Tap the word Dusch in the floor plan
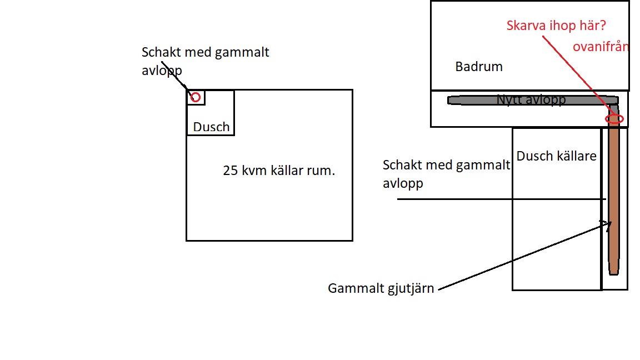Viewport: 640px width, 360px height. (212, 127)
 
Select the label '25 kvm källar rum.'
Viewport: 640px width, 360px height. (279, 170)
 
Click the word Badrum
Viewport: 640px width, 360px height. (479, 67)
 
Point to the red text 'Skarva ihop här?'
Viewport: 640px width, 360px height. (556, 26)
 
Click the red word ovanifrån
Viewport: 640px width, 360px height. (601, 47)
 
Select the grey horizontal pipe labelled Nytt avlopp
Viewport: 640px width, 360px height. (533, 100)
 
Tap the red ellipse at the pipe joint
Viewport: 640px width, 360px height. (614, 119)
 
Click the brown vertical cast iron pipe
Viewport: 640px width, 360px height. (614, 196)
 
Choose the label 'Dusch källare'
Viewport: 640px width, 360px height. (556, 156)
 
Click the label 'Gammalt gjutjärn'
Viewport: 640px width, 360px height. (381, 288)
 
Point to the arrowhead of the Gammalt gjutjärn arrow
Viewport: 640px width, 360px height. (611, 222)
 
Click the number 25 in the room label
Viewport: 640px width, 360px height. (230, 171)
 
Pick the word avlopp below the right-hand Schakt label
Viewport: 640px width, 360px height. (403, 184)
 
